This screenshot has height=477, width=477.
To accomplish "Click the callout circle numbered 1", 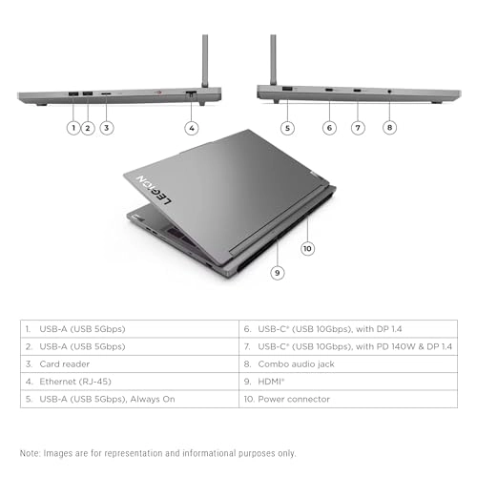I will coord(73,127).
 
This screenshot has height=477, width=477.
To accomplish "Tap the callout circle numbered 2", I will coord(88,127).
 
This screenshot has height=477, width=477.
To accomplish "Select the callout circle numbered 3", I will coord(107,127).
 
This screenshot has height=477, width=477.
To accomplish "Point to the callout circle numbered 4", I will coord(192,127).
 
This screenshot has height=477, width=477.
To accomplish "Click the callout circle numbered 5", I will coord(287,127).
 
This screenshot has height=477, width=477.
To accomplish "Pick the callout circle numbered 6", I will coord(330,127).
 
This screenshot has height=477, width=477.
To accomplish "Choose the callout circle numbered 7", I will coord(359,127).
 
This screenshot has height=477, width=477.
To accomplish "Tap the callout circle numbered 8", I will coord(389,127).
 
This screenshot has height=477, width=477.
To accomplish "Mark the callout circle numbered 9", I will coord(278,272).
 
